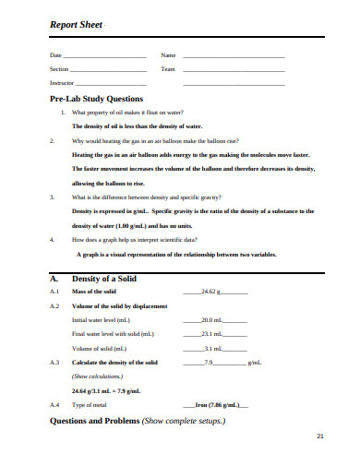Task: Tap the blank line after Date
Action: tap(107, 57)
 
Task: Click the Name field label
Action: tap(168, 57)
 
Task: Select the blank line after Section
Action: tap(108, 70)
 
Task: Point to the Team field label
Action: tap(168, 70)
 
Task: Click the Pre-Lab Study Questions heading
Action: tap(96, 98)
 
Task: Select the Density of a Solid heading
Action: tap(106, 277)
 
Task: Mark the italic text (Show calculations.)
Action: tap(93, 376)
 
